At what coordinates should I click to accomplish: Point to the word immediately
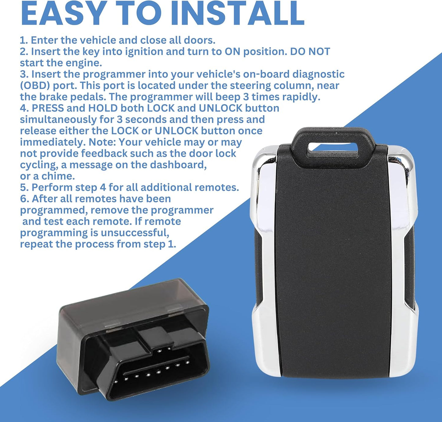point(53,142)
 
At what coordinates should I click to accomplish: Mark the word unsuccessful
point(135,233)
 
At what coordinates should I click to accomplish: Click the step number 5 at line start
point(23,188)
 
